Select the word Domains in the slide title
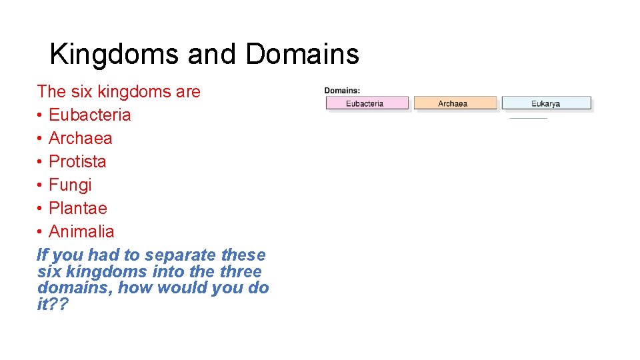pyautogui.click(x=302, y=55)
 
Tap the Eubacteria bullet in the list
pyautogui.click(x=89, y=115)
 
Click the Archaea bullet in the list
pyautogui.click(x=80, y=138)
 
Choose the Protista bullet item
pyautogui.click(x=77, y=161)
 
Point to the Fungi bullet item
pyautogui.click(x=70, y=185)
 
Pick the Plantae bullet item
pyautogui.click(x=77, y=208)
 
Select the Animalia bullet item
pyautogui.click(x=81, y=231)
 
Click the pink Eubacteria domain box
pyautogui.click(x=366, y=103)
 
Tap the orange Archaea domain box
pyautogui.click(x=455, y=103)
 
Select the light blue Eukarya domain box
pyautogui.click(x=546, y=103)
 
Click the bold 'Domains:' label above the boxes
pyautogui.click(x=342, y=91)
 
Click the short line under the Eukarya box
pyautogui.click(x=528, y=118)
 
